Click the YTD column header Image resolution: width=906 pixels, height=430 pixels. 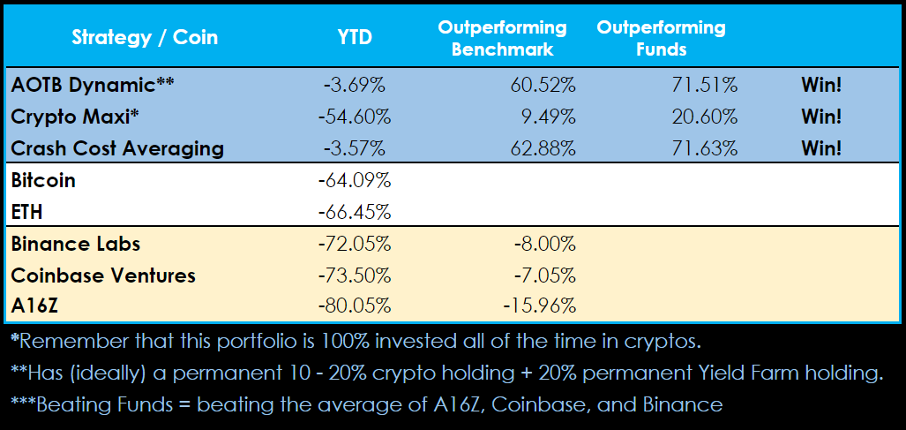pos(356,37)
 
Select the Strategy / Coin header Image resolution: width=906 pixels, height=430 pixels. pos(145,37)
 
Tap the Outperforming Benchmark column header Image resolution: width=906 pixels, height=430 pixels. pos(502,38)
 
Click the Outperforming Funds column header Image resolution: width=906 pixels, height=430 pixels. pos(661,38)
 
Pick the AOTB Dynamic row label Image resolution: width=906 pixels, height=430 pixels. pos(93,85)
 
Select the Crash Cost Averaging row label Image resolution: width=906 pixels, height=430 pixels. pos(117,148)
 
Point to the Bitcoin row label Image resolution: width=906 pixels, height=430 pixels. pos(43,180)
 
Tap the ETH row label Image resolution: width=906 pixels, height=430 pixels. pos(27,212)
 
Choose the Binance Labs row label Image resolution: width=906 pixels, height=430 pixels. pos(76,244)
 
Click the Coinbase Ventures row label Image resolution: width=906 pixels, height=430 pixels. pos(103,275)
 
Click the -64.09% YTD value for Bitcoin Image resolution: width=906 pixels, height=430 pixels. pos(355,181)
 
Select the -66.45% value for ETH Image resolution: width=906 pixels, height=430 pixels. pos(355,213)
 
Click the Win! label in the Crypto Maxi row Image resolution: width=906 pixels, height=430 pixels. pos(820,117)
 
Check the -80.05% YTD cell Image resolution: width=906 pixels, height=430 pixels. pos(355,307)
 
